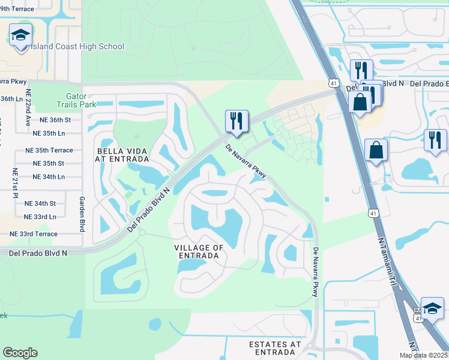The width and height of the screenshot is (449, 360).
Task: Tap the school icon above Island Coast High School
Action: pos(21,36)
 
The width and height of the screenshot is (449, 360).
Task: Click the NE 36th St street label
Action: pos(52,119)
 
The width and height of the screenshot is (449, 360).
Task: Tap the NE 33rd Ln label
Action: pos(40,216)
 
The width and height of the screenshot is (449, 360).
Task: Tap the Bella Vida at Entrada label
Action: pos(121,154)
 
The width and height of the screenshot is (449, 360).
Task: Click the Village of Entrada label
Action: pos(199,251)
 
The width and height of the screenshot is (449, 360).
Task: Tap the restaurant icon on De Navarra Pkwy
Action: pos(237,121)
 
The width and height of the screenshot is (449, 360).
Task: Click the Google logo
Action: pos(20,353)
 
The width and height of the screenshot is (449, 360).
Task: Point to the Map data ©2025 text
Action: pos(423,355)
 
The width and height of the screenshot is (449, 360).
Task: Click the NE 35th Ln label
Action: pos(52,133)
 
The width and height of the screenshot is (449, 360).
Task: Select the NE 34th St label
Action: pos(40,203)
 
